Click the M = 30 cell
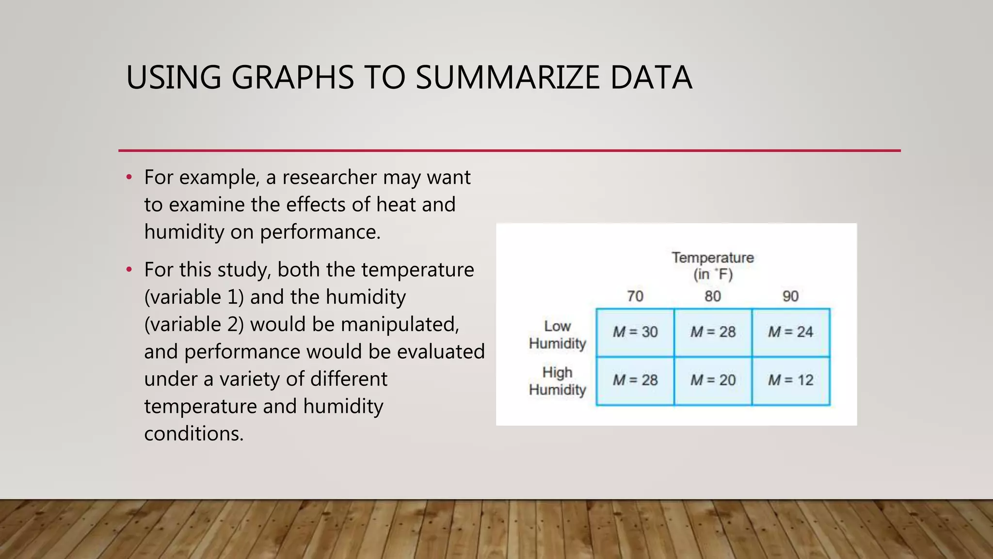[635, 332]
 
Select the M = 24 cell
[791, 332]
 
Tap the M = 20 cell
[713, 380]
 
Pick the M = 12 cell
[791, 380]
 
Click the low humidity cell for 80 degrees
[713, 332]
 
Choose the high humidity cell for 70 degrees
[635, 380]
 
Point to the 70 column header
[635, 296]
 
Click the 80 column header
[713, 296]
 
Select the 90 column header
[790, 296]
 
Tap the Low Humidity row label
[558, 335]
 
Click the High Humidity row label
[558, 381]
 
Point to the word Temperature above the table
[713, 258]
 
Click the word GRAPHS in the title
[293, 78]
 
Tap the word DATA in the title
[651, 78]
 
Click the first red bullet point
[129, 177]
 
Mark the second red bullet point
[129, 269]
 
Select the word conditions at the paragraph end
[193, 433]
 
